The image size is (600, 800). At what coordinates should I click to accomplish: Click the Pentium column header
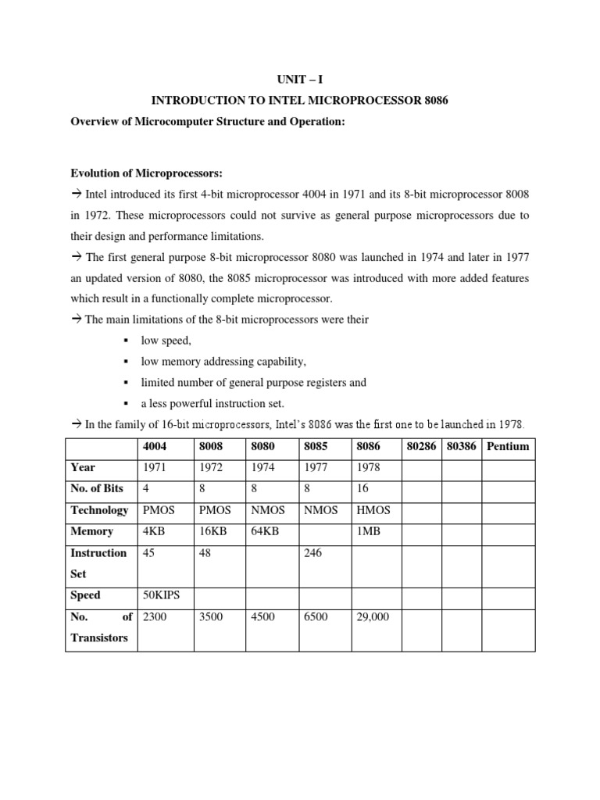tap(508, 447)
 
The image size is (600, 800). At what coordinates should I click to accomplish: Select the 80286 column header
tap(422, 447)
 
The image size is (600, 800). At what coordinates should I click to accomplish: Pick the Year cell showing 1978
tap(369, 468)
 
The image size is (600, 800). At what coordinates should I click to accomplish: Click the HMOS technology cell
tap(373, 510)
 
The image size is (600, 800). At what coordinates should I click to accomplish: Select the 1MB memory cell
tap(368, 531)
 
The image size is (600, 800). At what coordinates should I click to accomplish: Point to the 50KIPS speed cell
tap(161, 595)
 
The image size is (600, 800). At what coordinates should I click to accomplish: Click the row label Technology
tap(99, 510)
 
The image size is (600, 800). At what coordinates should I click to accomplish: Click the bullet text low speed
tap(166, 341)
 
